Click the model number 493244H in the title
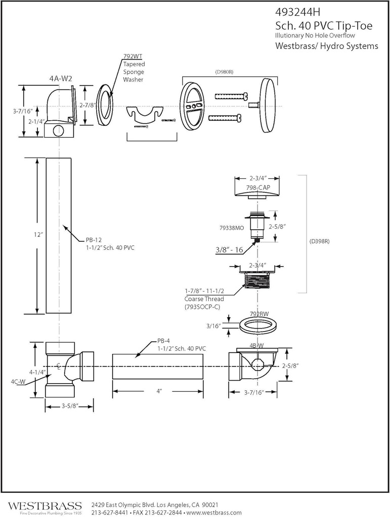click(x=298, y=12)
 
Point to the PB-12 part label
click(x=92, y=240)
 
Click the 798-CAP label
click(x=258, y=188)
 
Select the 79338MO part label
click(x=232, y=228)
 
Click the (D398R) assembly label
click(x=319, y=241)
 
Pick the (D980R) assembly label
click(x=224, y=72)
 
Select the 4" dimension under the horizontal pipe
click(x=158, y=391)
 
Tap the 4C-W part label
click(x=18, y=382)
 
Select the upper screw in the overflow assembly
click(x=231, y=95)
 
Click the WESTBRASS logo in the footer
click(x=45, y=506)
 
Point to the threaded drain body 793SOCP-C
click(x=258, y=279)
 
